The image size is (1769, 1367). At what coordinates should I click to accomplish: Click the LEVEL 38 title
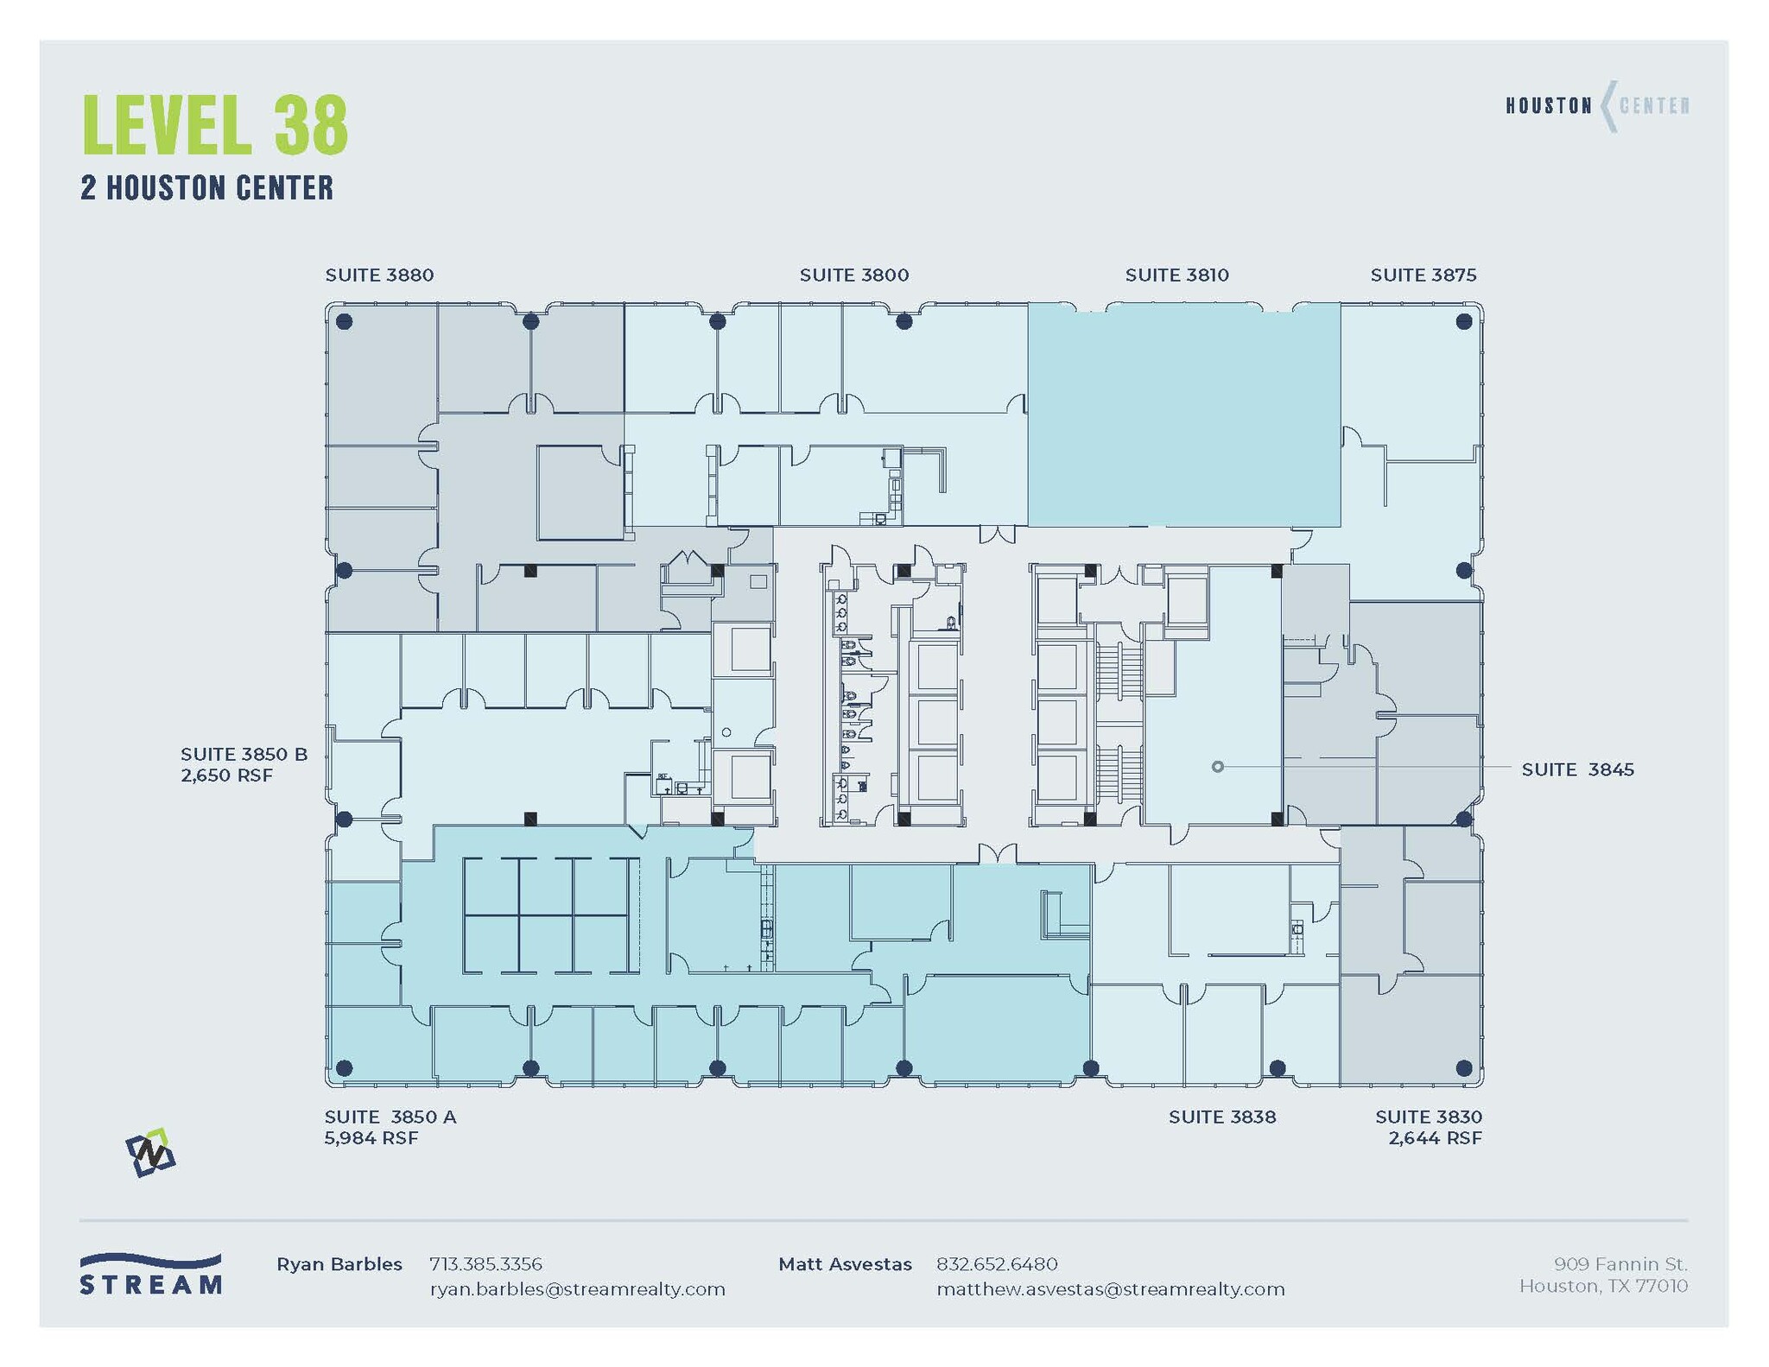pyautogui.click(x=215, y=126)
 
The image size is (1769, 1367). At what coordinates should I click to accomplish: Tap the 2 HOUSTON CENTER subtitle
pyautogui.click(x=206, y=188)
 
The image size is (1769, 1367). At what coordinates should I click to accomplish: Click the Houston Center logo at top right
pyautogui.click(x=1597, y=106)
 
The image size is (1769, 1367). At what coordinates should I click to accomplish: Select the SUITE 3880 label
pyautogui.click(x=379, y=275)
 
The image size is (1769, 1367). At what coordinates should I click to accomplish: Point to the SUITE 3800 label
pyautogui.click(x=853, y=275)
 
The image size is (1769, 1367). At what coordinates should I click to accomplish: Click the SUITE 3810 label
pyautogui.click(x=1176, y=275)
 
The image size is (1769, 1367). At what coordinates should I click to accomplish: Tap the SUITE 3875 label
pyautogui.click(x=1423, y=275)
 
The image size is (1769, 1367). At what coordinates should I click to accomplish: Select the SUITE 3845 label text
pyautogui.click(x=1577, y=769)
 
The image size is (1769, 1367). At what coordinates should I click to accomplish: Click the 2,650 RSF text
pyautogui.click(x=226, y=775)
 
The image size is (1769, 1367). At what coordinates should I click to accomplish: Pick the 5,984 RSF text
pyautogui.click(x=371, y=1138)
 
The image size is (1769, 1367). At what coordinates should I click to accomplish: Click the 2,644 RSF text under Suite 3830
pyautogui.click(x=1435, y=1138)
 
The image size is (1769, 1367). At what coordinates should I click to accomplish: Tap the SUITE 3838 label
pyautogui.click(x=1221, y=1117)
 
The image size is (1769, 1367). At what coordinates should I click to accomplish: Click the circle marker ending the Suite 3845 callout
pyautogui.click(x=1217, y=767)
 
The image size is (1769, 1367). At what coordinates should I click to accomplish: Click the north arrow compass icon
pyautogui.click(x=150, y=1153)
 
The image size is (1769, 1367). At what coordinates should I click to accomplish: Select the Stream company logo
pyautogui.click(x=150, y=1275)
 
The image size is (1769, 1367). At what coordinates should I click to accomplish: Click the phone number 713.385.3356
pyautogui.click(x=485, y=1264)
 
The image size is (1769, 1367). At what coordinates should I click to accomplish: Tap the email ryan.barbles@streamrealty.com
pyautogui.click(x=577, y=1289)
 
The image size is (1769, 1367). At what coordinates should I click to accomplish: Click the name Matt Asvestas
pyautogui.click(x=844, y=1264)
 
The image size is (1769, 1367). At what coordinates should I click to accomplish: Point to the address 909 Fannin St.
pyautogui.click(x=1620, y=1264)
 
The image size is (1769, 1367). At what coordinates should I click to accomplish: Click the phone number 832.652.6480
pyautogui.click(x=996, y=1264)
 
